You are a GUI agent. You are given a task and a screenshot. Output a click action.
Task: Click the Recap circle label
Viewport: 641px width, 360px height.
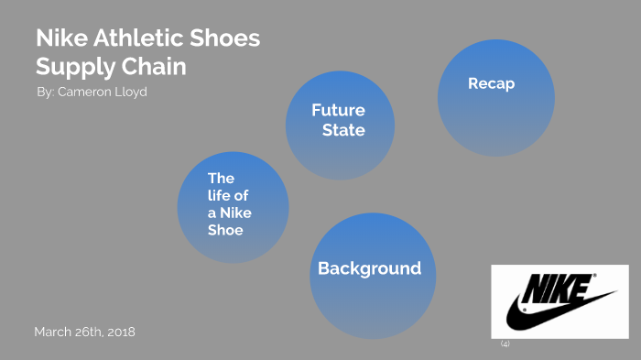(491, 83)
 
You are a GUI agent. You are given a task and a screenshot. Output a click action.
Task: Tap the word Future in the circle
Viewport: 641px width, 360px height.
(338, 110)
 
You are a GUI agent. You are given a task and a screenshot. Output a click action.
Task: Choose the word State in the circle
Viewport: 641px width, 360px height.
(343, 130)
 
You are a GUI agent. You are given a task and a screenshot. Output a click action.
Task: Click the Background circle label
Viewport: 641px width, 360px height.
(369, 268)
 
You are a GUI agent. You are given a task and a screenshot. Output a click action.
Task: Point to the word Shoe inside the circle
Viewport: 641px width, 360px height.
(225, 230)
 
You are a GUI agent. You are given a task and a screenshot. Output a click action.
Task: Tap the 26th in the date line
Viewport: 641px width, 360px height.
(87, 332)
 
